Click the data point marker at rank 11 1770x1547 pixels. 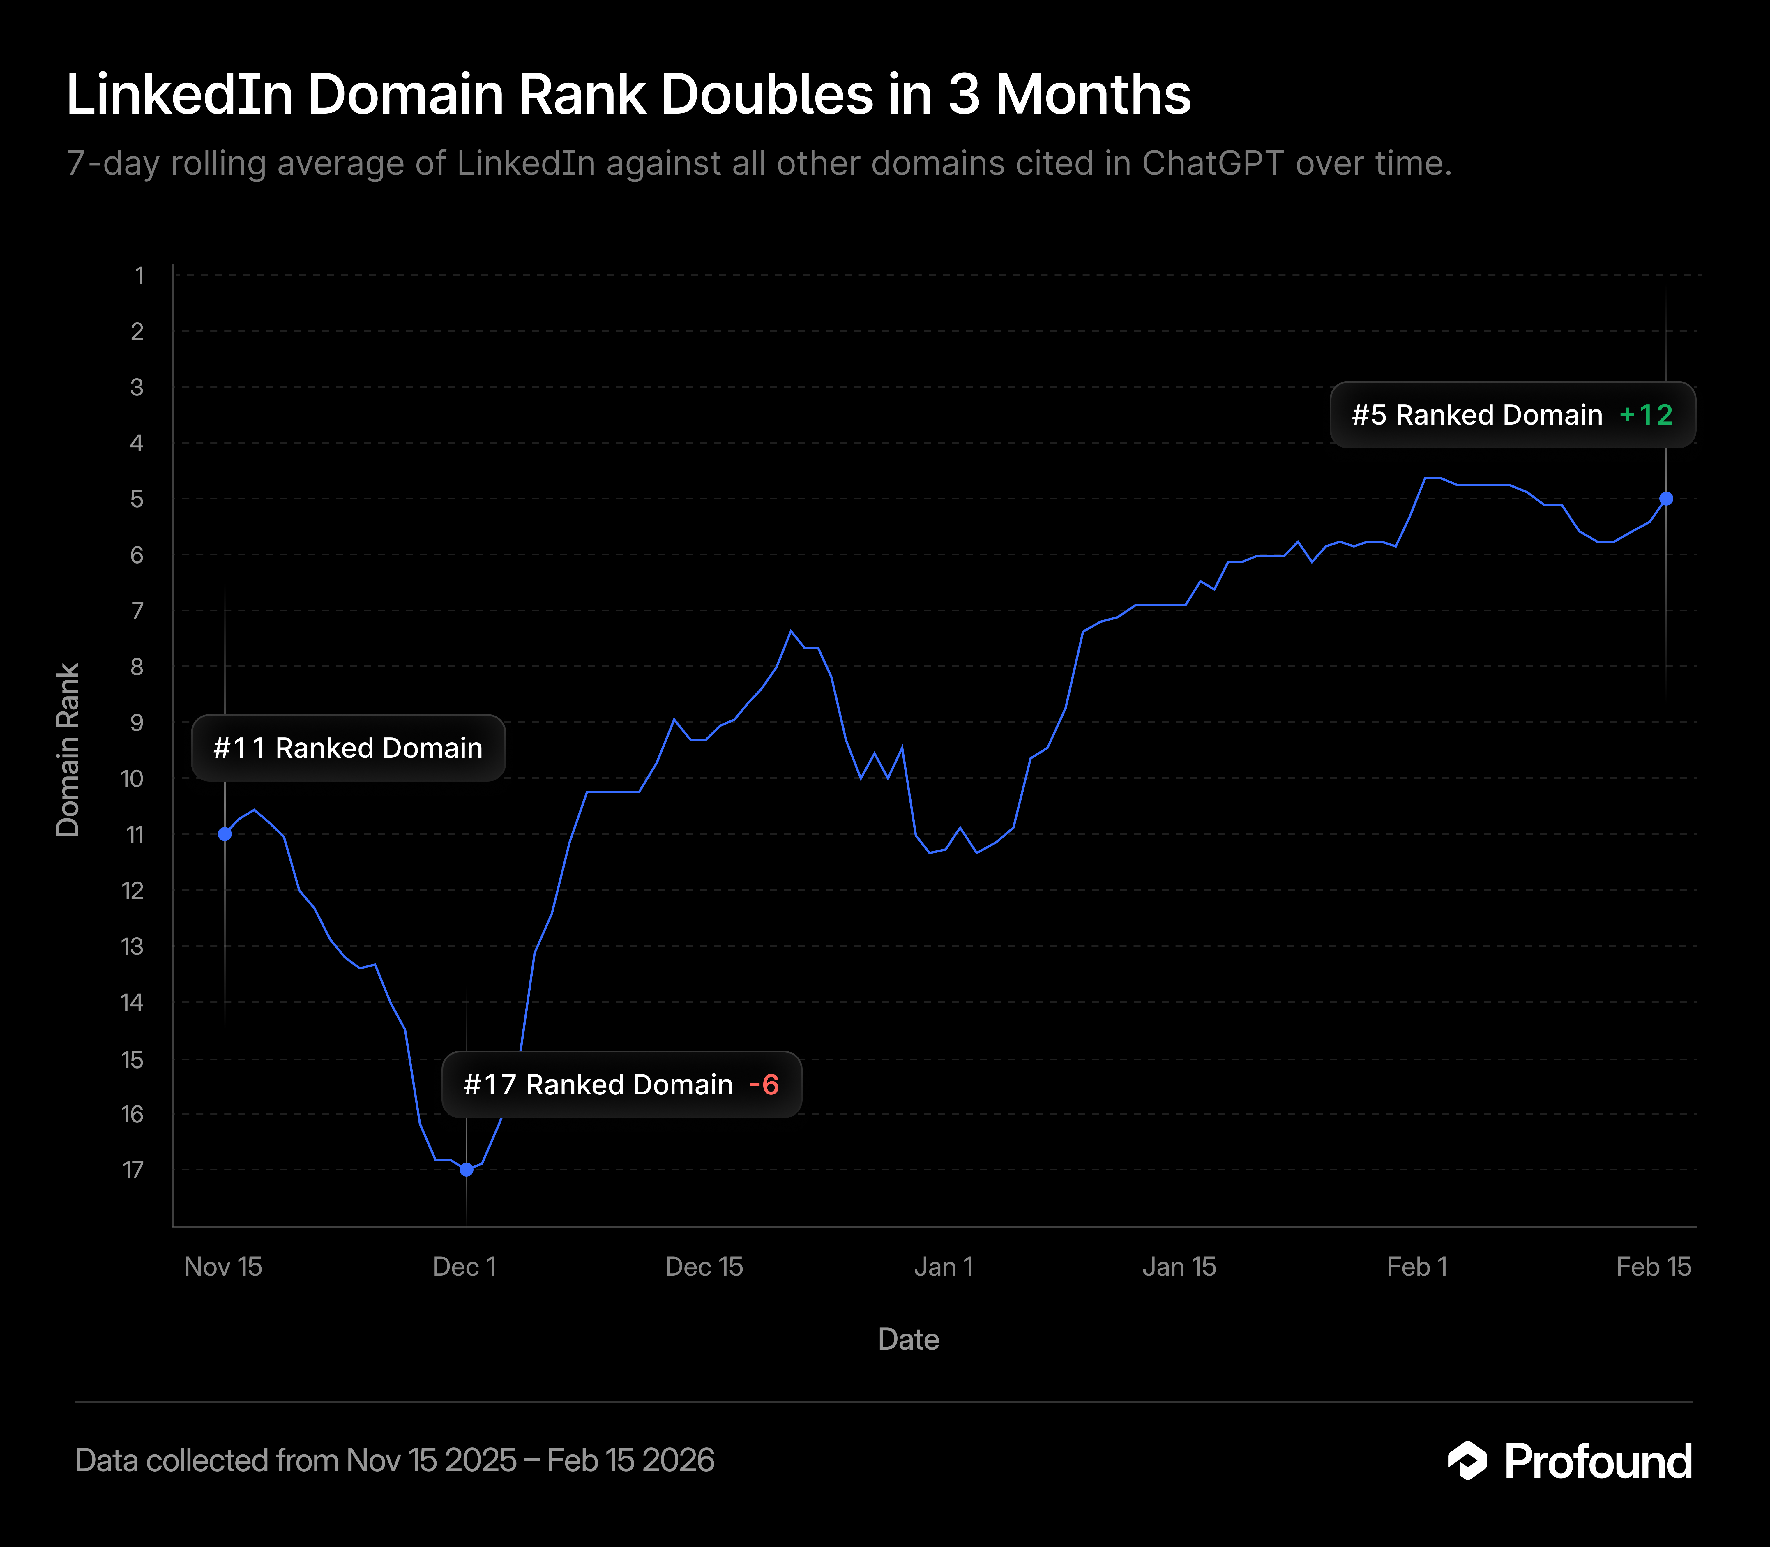point(225,834)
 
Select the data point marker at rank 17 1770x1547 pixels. point(466,1170)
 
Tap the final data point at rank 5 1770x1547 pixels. point(1666,499)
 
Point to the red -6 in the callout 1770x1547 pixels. point(764,1085)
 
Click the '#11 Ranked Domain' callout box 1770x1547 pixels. point(348,748)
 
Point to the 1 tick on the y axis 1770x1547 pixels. point(138,276)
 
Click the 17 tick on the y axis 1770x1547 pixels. point(133,1170)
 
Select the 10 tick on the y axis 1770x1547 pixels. point(132,779)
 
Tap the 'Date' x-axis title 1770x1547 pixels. point(908,1339)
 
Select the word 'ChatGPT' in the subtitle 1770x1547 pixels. point(1213,163)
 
